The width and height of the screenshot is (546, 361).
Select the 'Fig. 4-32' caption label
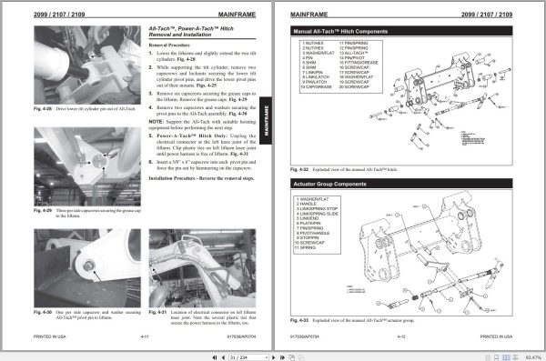[x=299, y=168]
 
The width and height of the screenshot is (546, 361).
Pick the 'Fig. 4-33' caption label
[x=299, y=320]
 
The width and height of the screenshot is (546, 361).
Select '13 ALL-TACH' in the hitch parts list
[x=356, y=53]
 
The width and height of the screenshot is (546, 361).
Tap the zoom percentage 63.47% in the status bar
[x=532, y=355]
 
